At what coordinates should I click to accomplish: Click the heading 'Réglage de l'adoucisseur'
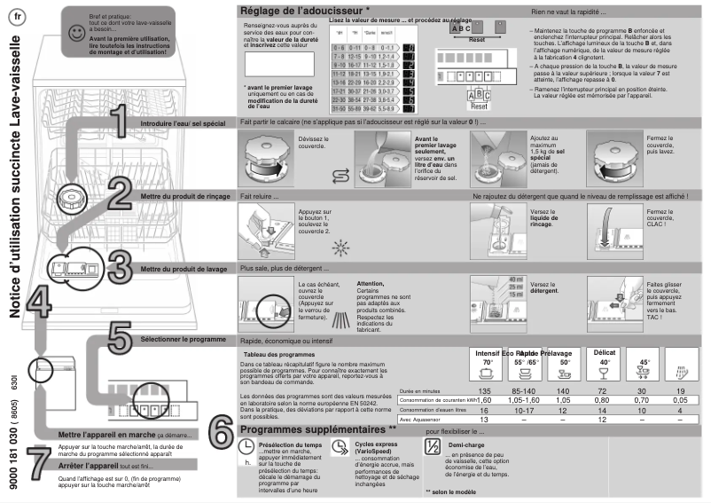[300, 11]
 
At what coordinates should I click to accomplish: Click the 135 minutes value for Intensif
[484, 391]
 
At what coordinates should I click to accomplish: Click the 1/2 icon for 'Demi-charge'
[432, 447]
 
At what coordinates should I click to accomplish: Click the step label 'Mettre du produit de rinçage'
[185, 195]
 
